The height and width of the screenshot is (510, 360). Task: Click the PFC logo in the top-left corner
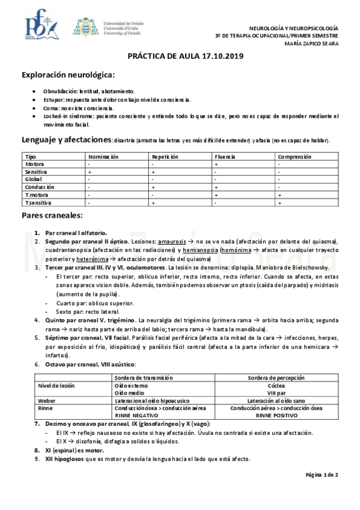pyautogui.click(x=40, y=27)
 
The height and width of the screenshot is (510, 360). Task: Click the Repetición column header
pyautogui.click(x=166, y=156)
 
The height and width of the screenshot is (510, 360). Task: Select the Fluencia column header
pyautogui.click(x=226, y=156)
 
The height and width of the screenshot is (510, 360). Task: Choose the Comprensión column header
pyautogui.click(x=294, y=156)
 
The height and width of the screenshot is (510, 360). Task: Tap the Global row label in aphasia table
pyautogui.click(x=33, y=179)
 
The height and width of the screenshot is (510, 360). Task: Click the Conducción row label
pyautogui.click(x=40, y=187)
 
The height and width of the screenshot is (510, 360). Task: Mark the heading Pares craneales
pyautogui.click(x=52, y=215)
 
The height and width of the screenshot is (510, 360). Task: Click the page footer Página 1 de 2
pyautogui.click(x=322, y=475)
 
